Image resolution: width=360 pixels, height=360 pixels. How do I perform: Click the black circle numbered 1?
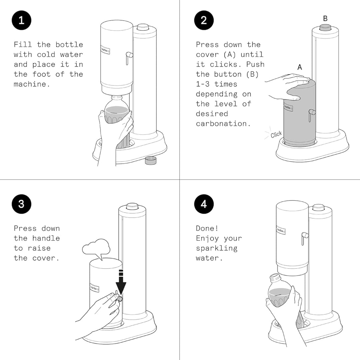coord(21,20)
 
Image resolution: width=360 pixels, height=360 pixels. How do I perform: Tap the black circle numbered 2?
coord(204,20)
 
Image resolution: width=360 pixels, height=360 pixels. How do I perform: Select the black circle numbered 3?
coord(21,204)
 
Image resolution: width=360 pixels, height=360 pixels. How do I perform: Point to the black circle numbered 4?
coord(204,204)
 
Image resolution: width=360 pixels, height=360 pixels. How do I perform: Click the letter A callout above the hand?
coord(300,67)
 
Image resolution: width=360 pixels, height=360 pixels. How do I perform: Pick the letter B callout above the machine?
coord(325,18)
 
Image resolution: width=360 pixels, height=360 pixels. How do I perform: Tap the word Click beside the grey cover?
coord(276,134)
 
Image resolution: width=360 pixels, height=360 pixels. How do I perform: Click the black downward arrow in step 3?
coord(121,282)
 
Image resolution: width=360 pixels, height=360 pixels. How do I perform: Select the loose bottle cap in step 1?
coord(151,160)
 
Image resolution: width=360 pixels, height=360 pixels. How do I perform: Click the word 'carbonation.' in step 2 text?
coord(223,124)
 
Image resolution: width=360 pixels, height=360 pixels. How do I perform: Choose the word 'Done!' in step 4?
coord(207,228)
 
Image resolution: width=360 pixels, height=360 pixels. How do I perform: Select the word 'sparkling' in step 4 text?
coord(217,248)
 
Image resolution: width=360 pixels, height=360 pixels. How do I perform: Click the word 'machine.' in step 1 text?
coord(32,84)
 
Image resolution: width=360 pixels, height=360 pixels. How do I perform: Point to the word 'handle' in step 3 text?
coord(46,238)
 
